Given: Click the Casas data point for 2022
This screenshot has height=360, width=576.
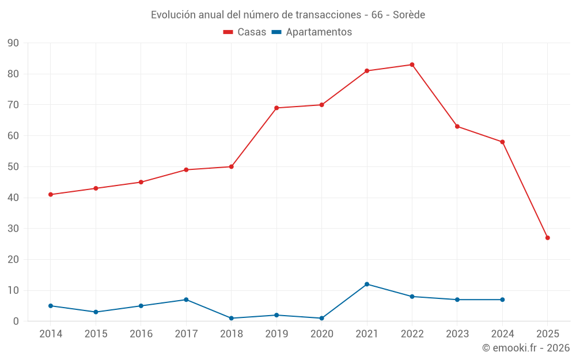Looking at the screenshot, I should (412, 65).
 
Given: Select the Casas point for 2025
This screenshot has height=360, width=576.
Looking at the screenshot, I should (548, 238).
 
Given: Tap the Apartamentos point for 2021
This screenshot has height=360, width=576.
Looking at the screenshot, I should (367, 284).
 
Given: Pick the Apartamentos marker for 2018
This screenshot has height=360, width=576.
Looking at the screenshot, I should (231, 318).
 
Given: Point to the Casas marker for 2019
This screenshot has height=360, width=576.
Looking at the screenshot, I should (276, 108).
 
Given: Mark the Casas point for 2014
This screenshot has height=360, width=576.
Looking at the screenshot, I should (51, 195).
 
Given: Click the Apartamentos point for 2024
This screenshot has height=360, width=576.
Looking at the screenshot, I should (502, 300).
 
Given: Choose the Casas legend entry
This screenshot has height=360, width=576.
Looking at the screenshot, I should (245, 32).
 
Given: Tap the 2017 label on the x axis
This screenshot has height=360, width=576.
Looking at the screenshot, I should (186, 334).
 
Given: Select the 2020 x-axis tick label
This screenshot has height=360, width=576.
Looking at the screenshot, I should (321, 334).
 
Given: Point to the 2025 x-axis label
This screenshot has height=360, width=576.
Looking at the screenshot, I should (548, 334).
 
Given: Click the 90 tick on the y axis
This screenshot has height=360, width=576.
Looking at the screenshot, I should (13, 43).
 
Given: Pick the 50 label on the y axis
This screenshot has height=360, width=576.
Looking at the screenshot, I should (13, 166).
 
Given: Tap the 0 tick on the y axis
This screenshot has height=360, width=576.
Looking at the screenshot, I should (16, 321).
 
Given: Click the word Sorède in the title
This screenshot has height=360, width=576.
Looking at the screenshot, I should (409, 15).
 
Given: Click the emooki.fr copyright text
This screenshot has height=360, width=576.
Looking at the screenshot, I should (526, 348).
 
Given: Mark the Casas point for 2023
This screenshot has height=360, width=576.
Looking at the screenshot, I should (457, 126).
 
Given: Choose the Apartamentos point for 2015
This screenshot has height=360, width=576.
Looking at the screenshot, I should (96, 312).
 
